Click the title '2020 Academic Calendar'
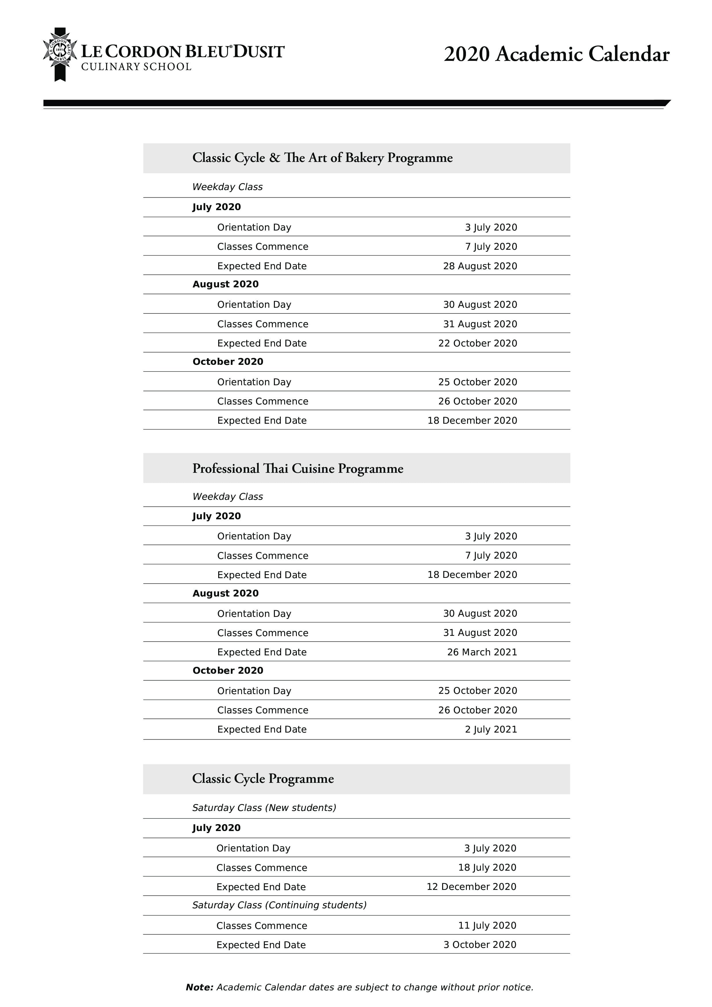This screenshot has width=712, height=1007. coord(556,54)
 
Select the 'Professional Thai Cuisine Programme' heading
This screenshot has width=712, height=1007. coord(297,468)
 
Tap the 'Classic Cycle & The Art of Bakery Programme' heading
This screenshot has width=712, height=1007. coord(322,158)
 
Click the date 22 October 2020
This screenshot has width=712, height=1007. coord(477,343)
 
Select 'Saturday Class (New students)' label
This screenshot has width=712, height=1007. coord(264,807)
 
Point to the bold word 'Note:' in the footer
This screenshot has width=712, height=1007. coord(199,987)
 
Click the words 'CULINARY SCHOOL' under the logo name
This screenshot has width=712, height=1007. coord(136,67)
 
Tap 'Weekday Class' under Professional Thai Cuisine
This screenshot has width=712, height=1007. coord(227,497)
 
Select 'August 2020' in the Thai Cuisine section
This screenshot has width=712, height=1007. coord(225,593)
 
